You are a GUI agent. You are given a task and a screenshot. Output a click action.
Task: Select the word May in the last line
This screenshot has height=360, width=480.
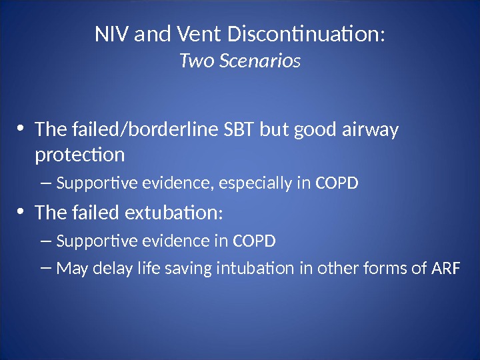(x=70, y=269)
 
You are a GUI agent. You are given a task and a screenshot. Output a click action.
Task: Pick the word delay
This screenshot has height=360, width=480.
(x=105, y=269)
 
